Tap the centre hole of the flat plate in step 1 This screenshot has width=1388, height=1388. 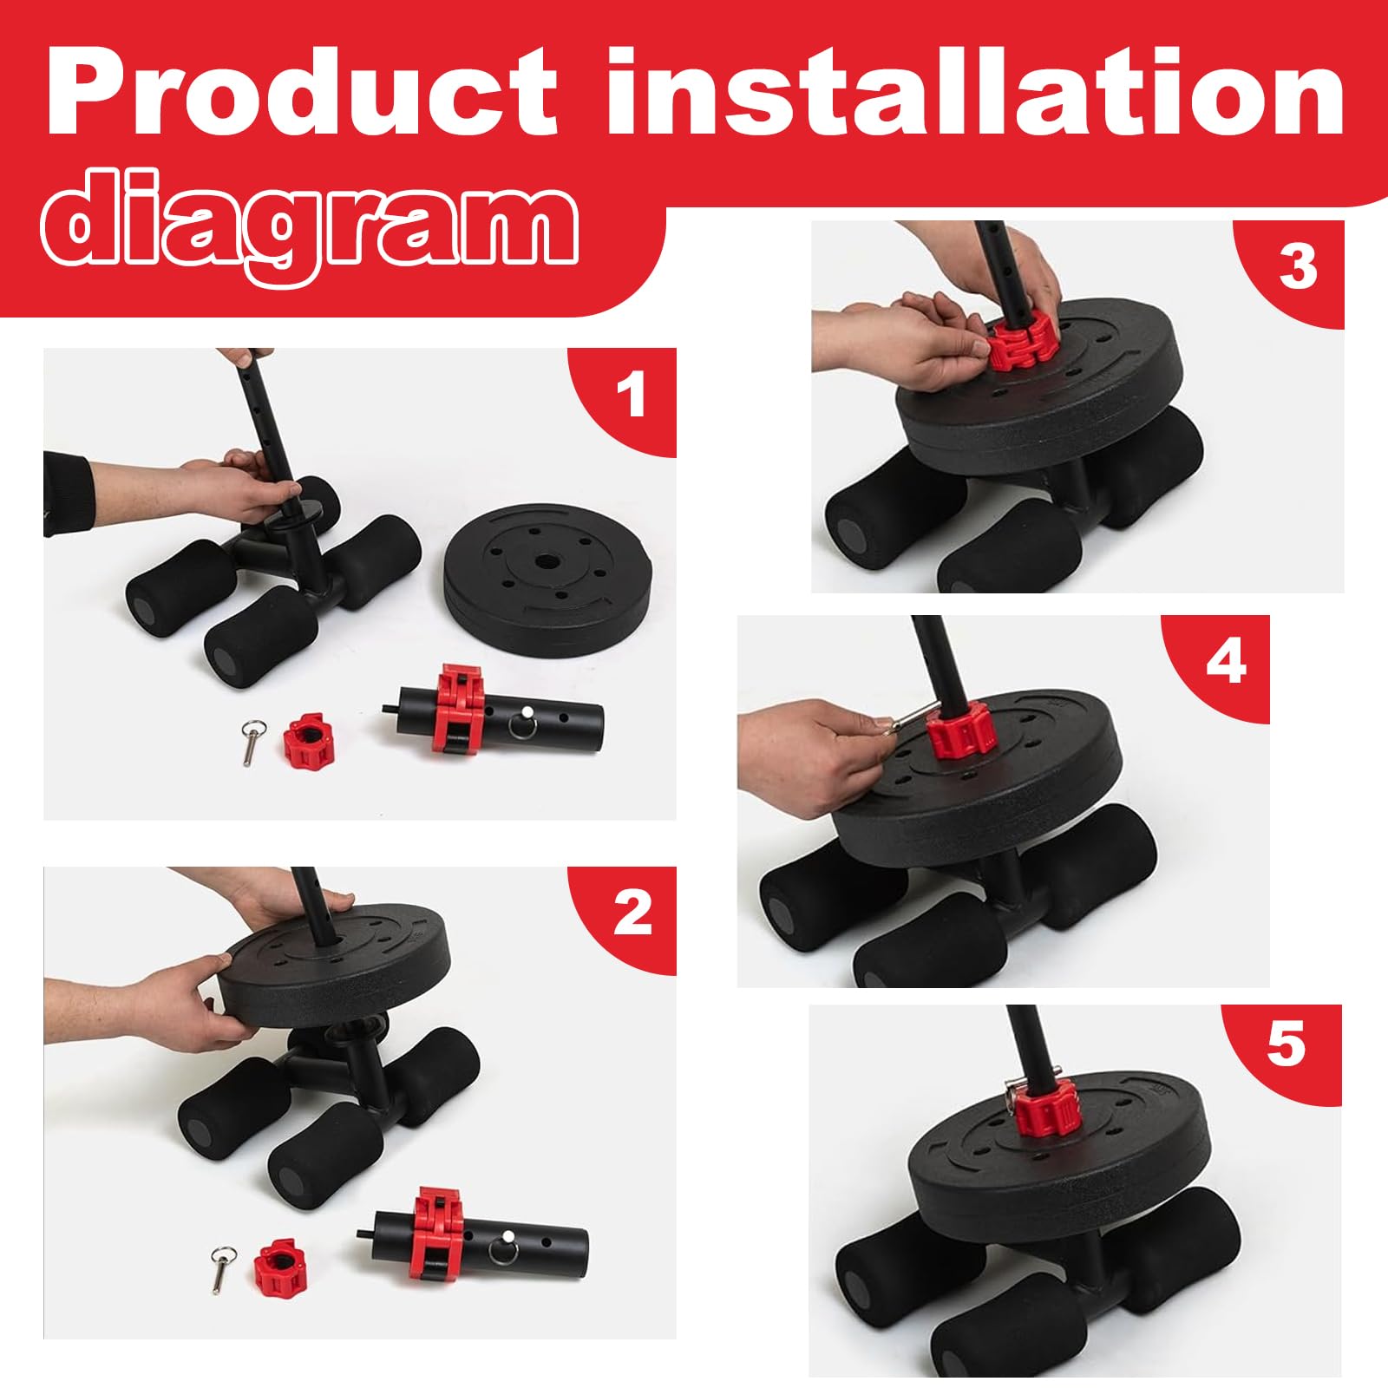coord(548,562)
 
